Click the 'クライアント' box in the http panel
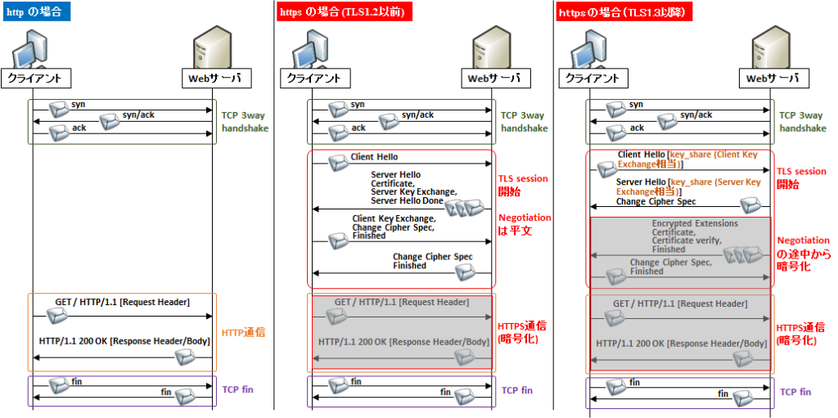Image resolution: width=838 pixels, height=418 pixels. [x=36, y=79]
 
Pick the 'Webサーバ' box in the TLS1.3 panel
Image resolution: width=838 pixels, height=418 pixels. [x=773, y=79]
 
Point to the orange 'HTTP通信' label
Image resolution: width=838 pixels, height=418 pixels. [x=246, y=333]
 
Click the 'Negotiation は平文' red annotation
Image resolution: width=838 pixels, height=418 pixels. [x=525, y=224]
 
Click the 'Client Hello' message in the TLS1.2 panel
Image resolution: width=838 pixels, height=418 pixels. [x=375, y=156]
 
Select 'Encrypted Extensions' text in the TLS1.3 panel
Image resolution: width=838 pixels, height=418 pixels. [x=694, y=223]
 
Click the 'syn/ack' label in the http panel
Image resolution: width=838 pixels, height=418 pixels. [x=138, y=115]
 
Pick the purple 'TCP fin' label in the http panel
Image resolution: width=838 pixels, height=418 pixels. [x=237, y=389]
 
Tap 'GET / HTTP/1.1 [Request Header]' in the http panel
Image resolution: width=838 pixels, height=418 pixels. [x=122, y=302]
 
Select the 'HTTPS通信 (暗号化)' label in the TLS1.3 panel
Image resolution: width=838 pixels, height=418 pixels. [x=799, y=334]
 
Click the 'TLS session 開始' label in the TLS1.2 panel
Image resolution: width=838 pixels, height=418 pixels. [x=523, y=185]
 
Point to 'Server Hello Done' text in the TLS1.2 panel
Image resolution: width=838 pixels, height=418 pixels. [x=407, y=201]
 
